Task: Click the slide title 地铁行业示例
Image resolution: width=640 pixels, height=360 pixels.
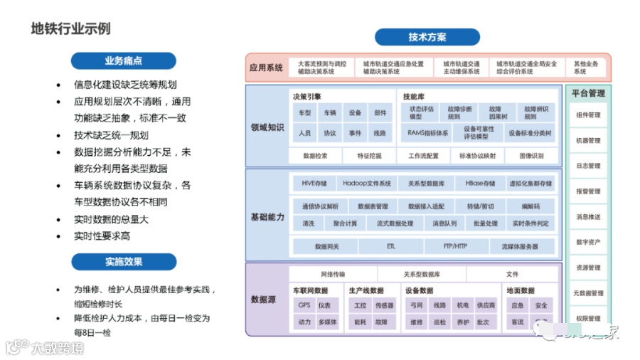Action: (70, 29)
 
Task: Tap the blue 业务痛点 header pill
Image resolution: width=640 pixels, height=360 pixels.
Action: (124, 60)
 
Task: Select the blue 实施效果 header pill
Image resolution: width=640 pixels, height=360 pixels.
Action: (124, 262)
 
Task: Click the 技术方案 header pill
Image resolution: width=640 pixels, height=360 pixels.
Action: (427, 38)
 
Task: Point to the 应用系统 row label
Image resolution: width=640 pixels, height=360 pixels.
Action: (266, 68)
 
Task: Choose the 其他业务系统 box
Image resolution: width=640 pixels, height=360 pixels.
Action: (586, 68)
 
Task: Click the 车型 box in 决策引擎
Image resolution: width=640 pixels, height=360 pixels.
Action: (305, 113)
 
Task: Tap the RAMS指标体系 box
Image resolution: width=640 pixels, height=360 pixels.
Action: (428, 133)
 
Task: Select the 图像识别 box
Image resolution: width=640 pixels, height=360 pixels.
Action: (531, 155)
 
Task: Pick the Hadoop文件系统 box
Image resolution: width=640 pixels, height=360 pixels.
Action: (364, 184)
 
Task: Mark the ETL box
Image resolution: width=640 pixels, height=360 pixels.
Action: (390, 246)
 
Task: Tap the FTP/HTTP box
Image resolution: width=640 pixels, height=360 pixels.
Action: (456, 246)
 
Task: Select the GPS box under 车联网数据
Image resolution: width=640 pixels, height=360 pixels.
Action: (305, 305)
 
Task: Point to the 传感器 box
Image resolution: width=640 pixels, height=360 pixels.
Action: (384, 305)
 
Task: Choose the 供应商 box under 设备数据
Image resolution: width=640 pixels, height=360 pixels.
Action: (486, 305)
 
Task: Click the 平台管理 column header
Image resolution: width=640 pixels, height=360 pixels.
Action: (587, 93)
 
